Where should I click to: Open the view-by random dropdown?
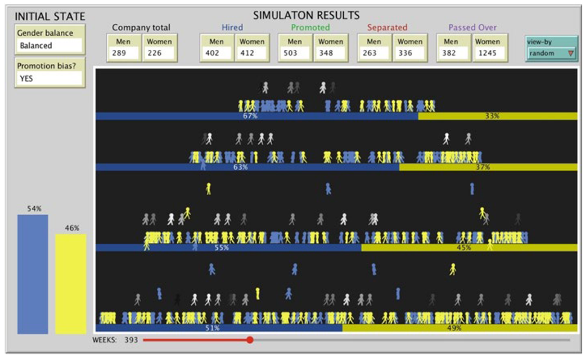coord(551,53)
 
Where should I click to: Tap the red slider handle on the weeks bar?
coord(250,340)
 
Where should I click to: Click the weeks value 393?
coord(131,340)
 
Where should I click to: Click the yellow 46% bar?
coord(70,283)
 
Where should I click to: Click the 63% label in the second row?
coord(241,168)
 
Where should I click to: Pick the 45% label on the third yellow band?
coord(464,248)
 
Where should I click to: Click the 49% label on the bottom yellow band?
coord(454,328)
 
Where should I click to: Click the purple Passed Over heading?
coord(472,28)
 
